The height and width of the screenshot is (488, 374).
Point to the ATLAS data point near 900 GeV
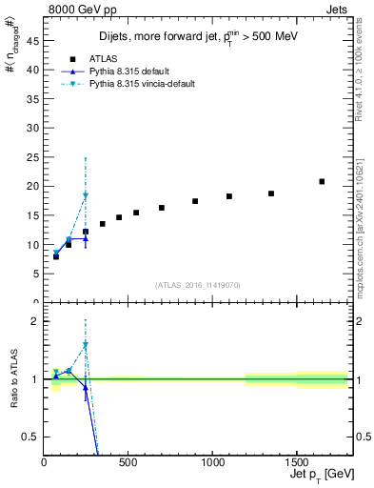(195, 201)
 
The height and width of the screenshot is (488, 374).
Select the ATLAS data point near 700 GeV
(162, 208)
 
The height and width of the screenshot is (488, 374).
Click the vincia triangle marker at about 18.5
(86, 194)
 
